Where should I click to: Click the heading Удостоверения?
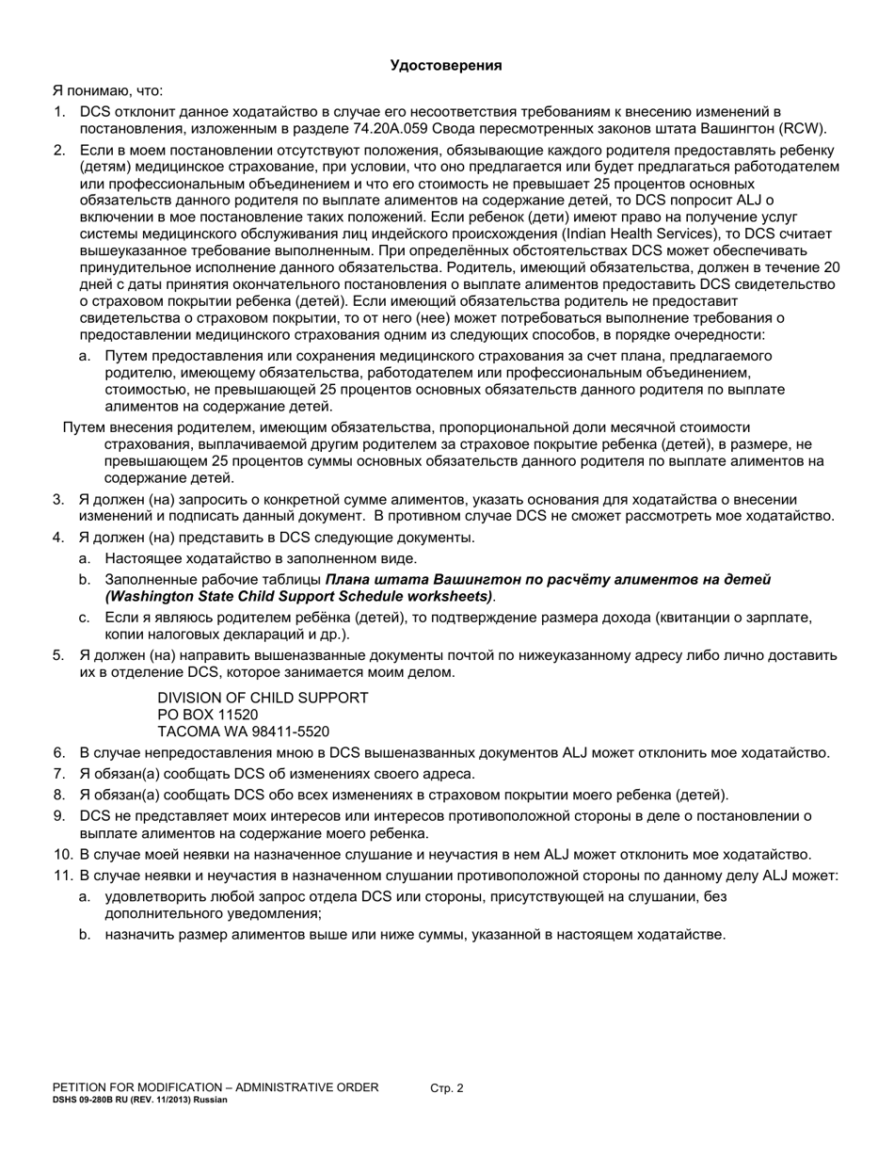click(x=446, y=65)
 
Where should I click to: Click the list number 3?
click(x=58, y=499)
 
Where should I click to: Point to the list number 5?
click(x=58, y=655)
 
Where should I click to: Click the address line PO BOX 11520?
click(x=207, y=715)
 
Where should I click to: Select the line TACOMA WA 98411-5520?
click(x=243, y=732)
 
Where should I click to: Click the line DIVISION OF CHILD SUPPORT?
click(x=263, y=698)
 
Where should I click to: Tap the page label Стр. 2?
click(x=447, y=1088)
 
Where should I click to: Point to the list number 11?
click(x=62, y=876)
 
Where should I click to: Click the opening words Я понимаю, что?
click(x=107, y=90)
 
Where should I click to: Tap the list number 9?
click(x=58, y=816)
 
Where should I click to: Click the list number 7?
click(x=58, y=774)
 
